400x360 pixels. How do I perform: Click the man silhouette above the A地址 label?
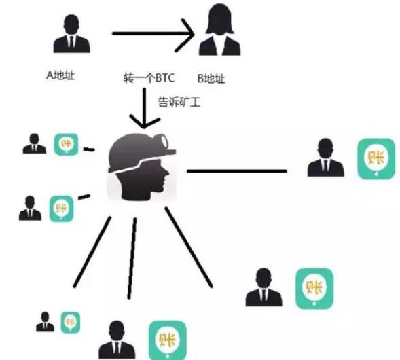click(72, 34)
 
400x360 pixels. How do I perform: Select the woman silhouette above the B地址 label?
click(219, 29)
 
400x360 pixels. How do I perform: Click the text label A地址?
click(60, 75)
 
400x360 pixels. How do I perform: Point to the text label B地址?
click(211, 78)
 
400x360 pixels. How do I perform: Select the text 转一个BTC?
click(149, 77)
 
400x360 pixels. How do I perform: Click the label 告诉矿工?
click(179, 102)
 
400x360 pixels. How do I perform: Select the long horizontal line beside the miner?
click(237, 171)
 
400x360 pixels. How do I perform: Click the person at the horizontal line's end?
click(325, 157)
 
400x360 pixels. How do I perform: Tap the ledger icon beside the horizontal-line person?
click(376, 159)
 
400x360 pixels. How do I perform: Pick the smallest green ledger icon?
click(71, 322)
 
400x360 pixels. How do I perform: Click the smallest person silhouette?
click(45, 322)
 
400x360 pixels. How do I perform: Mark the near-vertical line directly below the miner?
click(132, 258)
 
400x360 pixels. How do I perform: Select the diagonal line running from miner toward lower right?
click(189, 247)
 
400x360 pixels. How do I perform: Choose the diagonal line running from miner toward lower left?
click(92, 252)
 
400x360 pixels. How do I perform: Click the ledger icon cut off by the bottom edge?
click(168, 340)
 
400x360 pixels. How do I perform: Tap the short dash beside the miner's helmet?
click(89, 149)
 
